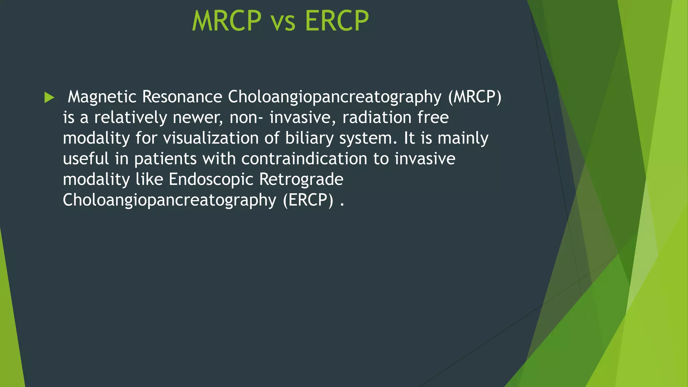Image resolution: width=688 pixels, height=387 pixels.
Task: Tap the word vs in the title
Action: tap(283, 22)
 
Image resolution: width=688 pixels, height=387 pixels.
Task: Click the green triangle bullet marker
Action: tap(49, 97)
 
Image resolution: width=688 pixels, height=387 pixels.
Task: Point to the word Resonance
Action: tap(182, 97)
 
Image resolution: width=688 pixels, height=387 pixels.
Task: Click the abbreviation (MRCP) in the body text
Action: tap(474, 97)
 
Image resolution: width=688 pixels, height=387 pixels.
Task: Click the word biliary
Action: tap(309, 138)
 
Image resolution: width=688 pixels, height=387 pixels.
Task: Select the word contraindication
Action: tap(304, 159)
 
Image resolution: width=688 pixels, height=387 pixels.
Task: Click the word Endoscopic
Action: tap(211, 179)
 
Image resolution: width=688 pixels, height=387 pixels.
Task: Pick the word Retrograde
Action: tap(301, 179)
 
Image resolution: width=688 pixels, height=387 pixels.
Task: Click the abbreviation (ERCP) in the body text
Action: tap(308, 200)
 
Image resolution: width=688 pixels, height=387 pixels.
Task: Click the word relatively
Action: tap(130, 118)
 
